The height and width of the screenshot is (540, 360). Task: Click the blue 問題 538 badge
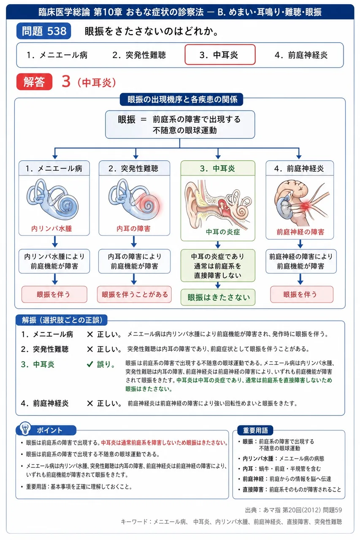43,31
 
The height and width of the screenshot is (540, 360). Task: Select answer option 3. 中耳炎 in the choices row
220,55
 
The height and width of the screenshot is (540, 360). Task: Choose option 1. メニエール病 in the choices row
57,55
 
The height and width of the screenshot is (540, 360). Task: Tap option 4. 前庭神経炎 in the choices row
301,55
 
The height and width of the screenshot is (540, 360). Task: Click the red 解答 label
34,82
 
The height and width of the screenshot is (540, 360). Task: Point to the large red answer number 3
66,81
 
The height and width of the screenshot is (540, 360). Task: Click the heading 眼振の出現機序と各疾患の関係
181,99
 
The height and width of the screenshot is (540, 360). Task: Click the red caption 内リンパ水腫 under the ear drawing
51,229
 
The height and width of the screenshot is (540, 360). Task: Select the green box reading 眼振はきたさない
218,297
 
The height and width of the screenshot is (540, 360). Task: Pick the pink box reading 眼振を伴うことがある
134,294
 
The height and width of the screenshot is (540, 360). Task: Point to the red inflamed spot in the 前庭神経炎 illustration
305,206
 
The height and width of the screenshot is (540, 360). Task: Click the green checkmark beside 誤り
90,364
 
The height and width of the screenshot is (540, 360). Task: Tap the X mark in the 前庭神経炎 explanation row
90,403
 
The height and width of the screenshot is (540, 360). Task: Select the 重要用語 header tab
255,430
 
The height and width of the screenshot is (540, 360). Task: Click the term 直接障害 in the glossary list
253,489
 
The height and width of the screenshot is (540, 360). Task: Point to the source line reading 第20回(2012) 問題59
312,510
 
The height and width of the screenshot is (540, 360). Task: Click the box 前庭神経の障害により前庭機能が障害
301,261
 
